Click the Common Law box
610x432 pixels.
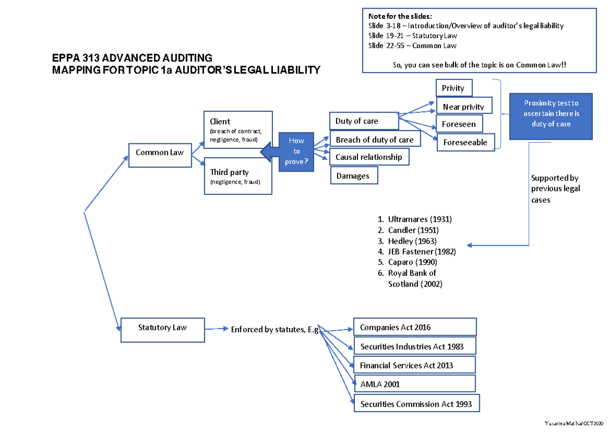point(159,152)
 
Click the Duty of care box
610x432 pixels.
point(363,121)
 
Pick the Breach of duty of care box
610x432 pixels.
point(375,139)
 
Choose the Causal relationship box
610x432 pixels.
point(369,157)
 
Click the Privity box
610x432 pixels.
point(453,88)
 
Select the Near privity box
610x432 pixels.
point(464,107)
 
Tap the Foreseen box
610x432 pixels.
point(459,124)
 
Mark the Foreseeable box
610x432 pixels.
point(465,142)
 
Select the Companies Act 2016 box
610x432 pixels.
point(415,327)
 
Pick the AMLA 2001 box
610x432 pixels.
point(414,384)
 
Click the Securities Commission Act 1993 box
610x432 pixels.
point(416,404)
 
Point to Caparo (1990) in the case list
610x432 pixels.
point(412,263)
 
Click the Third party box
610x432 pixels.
point(237,177)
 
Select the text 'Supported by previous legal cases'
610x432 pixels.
point(555,189)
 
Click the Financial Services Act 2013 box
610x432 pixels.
point(414,365)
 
